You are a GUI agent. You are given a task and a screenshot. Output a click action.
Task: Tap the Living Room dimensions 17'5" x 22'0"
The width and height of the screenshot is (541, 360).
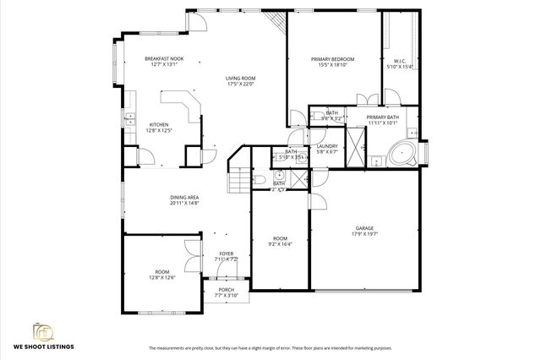point(241,85)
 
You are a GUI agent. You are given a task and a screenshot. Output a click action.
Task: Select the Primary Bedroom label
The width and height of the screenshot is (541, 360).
point(332,58)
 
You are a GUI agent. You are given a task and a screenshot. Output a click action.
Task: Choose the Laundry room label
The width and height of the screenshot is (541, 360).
point(327,146)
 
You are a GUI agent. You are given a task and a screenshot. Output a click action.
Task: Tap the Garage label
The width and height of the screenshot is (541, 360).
point(364,228)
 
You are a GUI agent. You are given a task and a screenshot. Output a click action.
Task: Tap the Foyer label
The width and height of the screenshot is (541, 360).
point(227,253)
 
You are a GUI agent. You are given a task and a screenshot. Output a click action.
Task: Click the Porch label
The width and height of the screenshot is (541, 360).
point(227,290)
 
